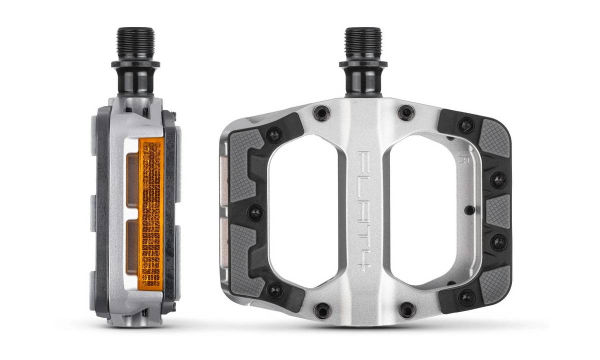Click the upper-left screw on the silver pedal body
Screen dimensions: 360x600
tap(321, 113)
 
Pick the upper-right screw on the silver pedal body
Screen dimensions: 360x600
tap(405, 113)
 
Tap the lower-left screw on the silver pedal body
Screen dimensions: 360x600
tap(321, 309)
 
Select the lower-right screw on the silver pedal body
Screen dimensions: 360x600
tap(407, 309)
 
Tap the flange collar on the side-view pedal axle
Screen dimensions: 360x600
tap(135, 64)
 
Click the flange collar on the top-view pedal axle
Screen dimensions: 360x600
tap(362, 64)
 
